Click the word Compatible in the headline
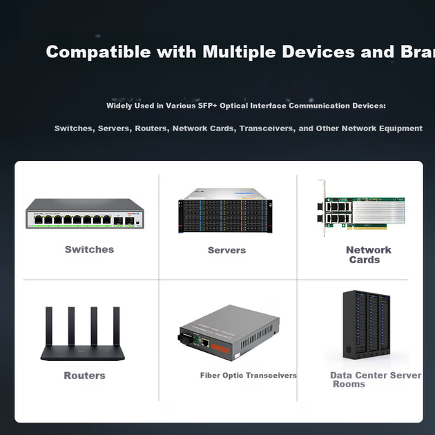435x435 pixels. (98, 52)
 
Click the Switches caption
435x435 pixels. (89, 249)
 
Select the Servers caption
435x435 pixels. (226, 250)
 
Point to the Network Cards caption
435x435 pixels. (369, 255)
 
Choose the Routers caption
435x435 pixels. (85, 376)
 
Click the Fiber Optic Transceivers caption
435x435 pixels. (249, 376)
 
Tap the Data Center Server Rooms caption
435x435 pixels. (376, 380)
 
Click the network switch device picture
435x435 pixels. (85, 213)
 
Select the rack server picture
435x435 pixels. (225, 211)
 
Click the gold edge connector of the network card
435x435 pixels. (367, 227)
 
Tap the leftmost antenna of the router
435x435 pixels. (49, 326)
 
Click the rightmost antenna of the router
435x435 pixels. (117, 326)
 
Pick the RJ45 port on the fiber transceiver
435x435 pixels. (205, 343)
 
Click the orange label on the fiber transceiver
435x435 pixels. (220, 349)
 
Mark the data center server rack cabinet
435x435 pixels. (367, 325)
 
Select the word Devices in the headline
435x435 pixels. (318, 52)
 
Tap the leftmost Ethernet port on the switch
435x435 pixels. (38, 220)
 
